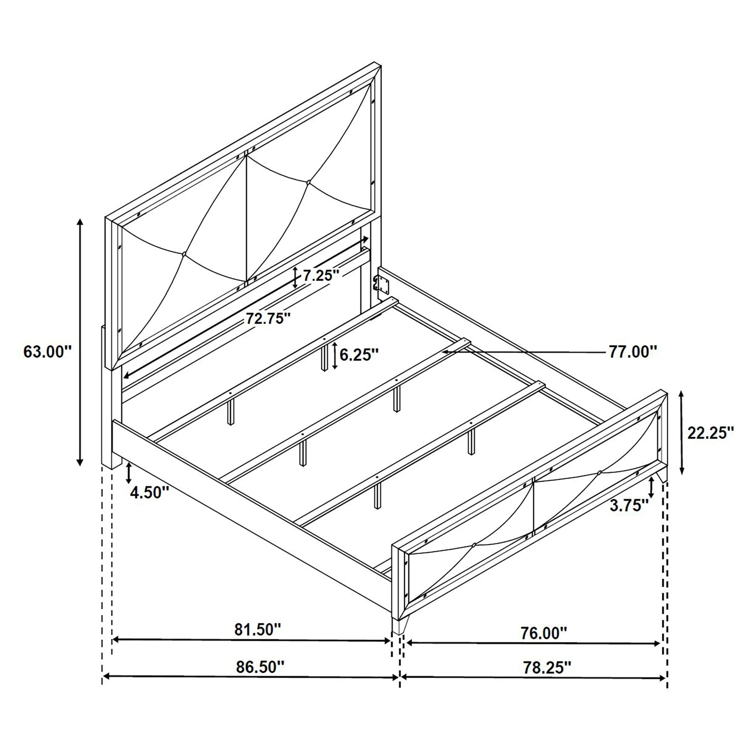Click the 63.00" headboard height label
pyautogui.click(x=48, y=352)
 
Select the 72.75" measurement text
pyautogui.click(x=268, y=319)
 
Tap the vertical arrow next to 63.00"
pyautogui.click(x=80, y=342)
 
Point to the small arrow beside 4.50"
pyautogui.click(x=129, y=473)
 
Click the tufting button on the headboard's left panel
pyautogui.click(x=184, y=254)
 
